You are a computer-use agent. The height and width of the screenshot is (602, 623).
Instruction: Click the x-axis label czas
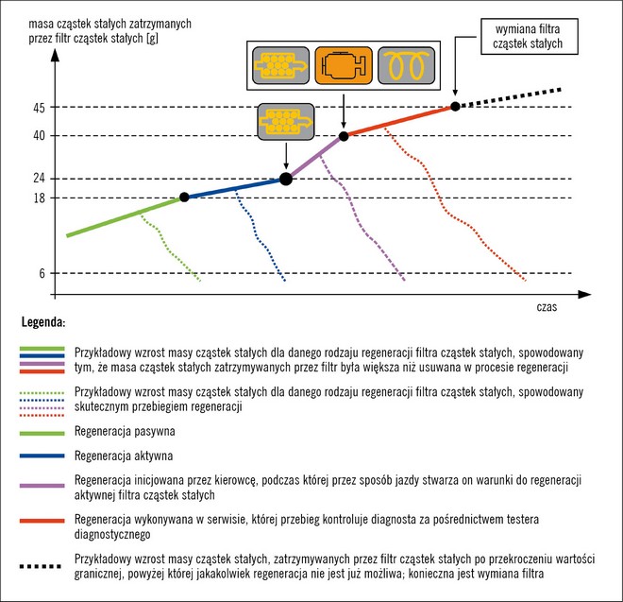(547, 308)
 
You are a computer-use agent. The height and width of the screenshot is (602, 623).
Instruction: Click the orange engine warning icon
(343, 67)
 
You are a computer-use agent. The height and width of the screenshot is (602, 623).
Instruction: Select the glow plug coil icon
(403, 67)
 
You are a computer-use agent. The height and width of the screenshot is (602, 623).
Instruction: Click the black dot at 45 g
(455, 107)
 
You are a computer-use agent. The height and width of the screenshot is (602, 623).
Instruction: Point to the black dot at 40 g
(344, 136)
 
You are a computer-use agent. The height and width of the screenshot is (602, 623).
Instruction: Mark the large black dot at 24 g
(286, 179)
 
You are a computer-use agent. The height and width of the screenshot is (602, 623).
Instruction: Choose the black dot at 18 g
(184, 197)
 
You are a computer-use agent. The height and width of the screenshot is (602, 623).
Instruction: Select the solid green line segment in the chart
(123, 216)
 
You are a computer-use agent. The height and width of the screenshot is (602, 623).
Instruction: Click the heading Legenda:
(42, 322)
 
